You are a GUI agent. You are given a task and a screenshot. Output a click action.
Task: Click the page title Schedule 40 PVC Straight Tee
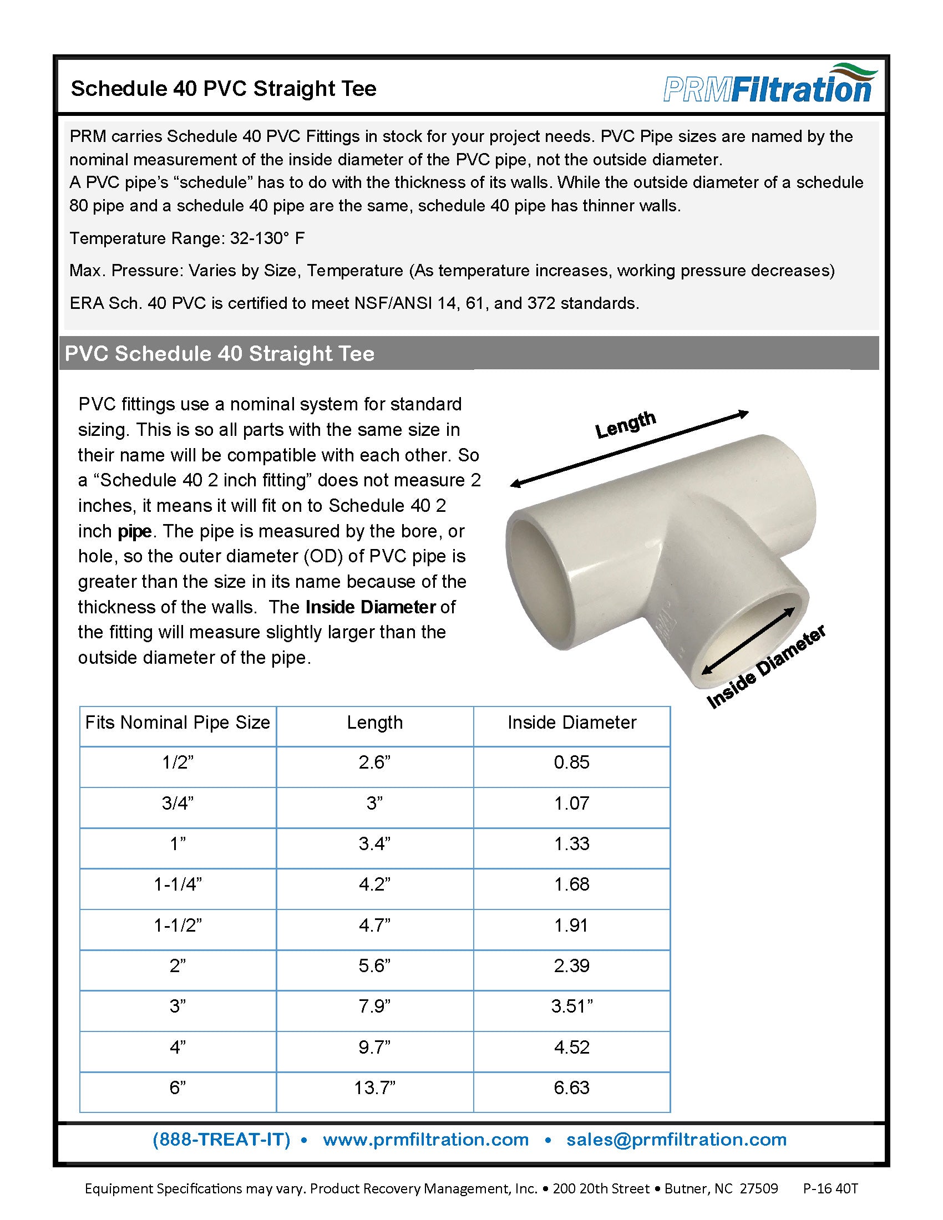coord(224,89)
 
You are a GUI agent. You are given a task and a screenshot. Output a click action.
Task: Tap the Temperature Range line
coord(186,238)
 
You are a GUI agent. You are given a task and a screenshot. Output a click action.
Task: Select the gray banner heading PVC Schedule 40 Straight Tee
coord(220,354)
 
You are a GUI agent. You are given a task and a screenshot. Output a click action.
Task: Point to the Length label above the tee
coord(625,425)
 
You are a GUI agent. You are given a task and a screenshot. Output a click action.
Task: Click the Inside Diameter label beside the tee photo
coord(767,668)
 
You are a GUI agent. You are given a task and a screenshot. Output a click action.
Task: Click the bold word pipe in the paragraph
coord(135,531)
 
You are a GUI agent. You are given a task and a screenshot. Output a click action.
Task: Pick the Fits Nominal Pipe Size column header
coord(178,723)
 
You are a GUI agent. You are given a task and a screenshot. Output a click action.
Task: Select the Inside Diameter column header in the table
coord(571,723)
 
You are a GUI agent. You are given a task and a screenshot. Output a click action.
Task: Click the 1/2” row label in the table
coord(178,762)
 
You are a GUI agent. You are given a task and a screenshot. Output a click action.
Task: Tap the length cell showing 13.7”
coord(374,1087)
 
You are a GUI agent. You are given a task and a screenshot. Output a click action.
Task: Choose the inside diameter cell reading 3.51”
coord(571,1006)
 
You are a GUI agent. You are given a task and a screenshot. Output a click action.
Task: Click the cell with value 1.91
coord(571,926)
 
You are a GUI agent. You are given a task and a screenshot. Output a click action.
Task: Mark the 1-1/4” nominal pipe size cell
coord(178,884)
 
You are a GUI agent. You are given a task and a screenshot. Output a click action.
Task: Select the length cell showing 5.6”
coord(374,966)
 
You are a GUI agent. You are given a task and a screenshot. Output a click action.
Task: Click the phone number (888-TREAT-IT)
coord(221,1140)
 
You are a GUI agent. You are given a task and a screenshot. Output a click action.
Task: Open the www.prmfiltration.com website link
coord(425,1140)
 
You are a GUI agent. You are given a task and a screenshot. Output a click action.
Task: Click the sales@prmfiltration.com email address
coord(676,1140)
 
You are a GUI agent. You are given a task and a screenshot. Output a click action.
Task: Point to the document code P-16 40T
coord(830,1189)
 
